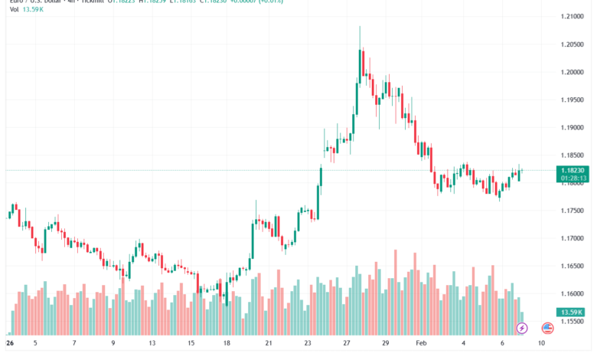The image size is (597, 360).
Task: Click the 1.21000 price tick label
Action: pyautogui.click(x=574, y=16)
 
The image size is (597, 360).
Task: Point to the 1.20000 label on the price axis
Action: pyautogui.click(x=574, y=72)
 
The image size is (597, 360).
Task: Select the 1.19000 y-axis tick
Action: pyautogui.click(x=574, y=127)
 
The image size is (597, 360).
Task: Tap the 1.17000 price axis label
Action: pyautogui.click(x=574, y=238)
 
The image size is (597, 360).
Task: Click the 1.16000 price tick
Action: pyautogui.click(x=574, y=293)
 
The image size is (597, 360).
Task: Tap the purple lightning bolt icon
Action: pyautogui.click(x=522, y=328)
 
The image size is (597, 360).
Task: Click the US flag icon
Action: pyautogui.click(x=547, y=328)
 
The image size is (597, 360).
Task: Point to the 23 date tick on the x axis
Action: pyautogui.click(x=307, y=344)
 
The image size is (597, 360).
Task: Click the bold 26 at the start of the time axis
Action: pyautogui.click(x=11, y=344)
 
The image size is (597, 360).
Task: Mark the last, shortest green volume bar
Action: pyautogui.click(x=523, y=317)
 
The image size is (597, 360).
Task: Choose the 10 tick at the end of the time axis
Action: pyautogui.click(x=541, y=344)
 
